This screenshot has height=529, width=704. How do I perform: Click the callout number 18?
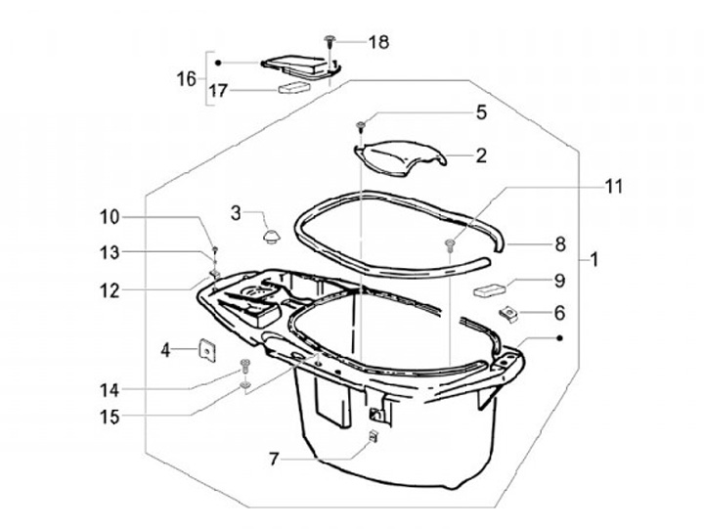pos(378,42)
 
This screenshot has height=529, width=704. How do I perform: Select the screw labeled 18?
pos(330,42)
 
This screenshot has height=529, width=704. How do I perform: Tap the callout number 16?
pos(187,79)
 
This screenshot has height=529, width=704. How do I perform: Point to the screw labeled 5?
pos(361,126)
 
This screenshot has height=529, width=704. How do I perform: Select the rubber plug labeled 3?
pos(271,237)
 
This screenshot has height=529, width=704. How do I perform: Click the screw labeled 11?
pos(450,244)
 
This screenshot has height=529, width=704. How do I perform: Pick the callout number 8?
pos(560,244)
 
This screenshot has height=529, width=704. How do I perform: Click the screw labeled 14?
pos(244,365)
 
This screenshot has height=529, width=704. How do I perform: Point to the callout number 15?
pos(110,417)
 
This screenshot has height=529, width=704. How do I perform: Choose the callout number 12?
pos(110,291)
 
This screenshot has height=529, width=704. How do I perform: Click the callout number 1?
pos(594,259)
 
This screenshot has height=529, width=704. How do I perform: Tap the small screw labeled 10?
pos(214,248)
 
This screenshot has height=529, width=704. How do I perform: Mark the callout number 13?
pos(110,252)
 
